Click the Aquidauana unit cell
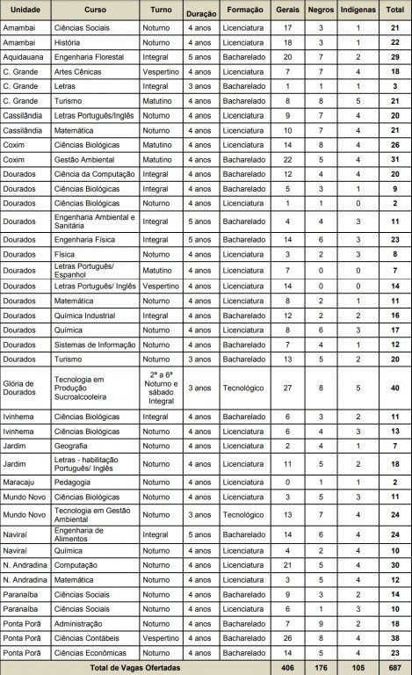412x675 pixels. [24, 54]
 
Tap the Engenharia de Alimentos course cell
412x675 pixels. [84, 533]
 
